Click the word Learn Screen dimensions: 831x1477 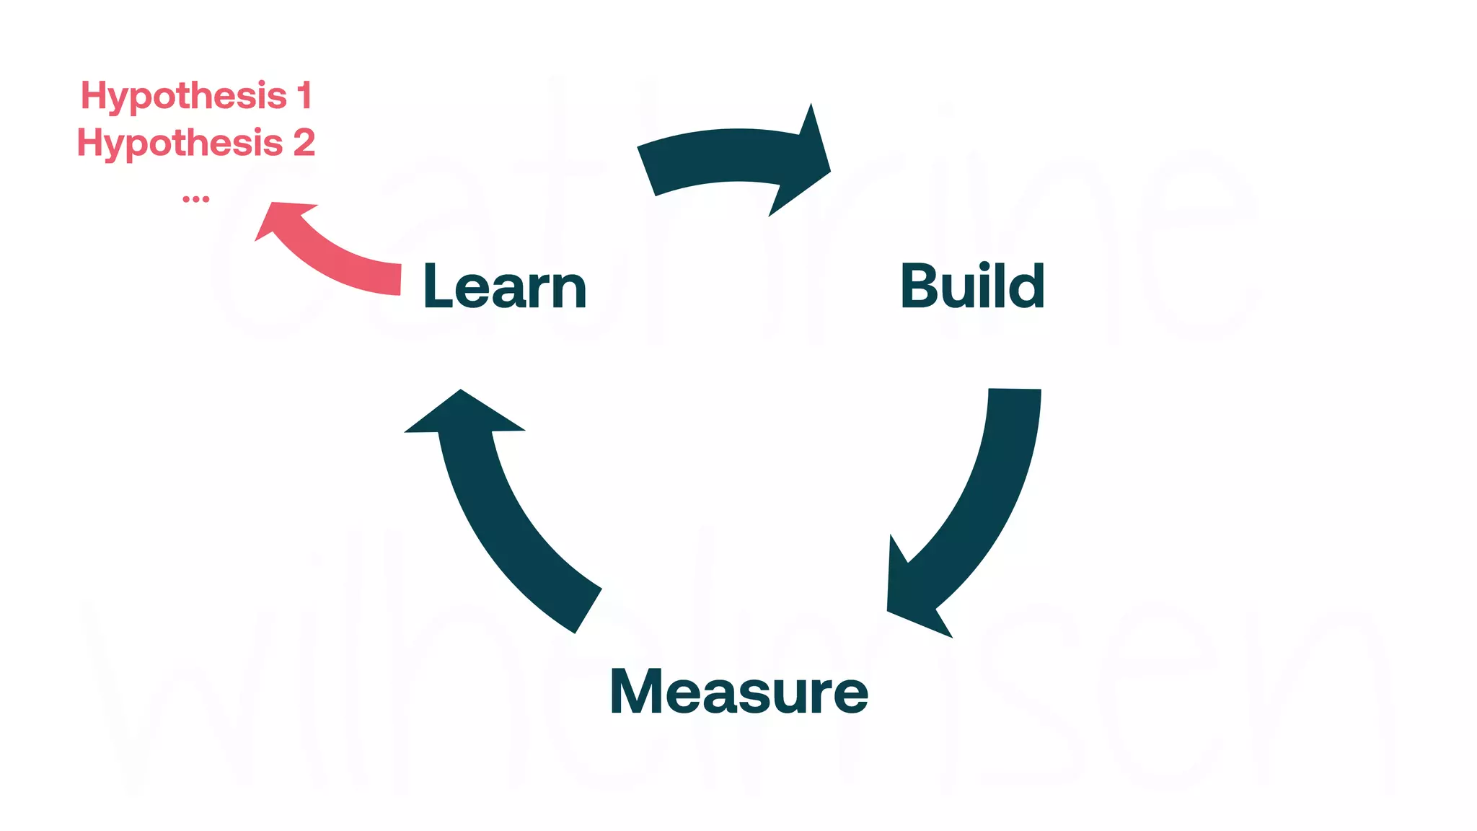(x=505, y=286)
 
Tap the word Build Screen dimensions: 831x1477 (x=972, y=286)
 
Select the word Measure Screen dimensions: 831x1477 (x=738, y=692)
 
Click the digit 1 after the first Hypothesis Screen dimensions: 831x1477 (x=305, y=96)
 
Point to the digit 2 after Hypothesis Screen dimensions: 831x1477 (x=304, y=143)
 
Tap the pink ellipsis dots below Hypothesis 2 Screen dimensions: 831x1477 (x=195, y=198)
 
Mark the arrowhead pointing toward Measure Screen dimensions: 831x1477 (x=912, y=599)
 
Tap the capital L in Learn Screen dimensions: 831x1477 (x=438, y=286)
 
